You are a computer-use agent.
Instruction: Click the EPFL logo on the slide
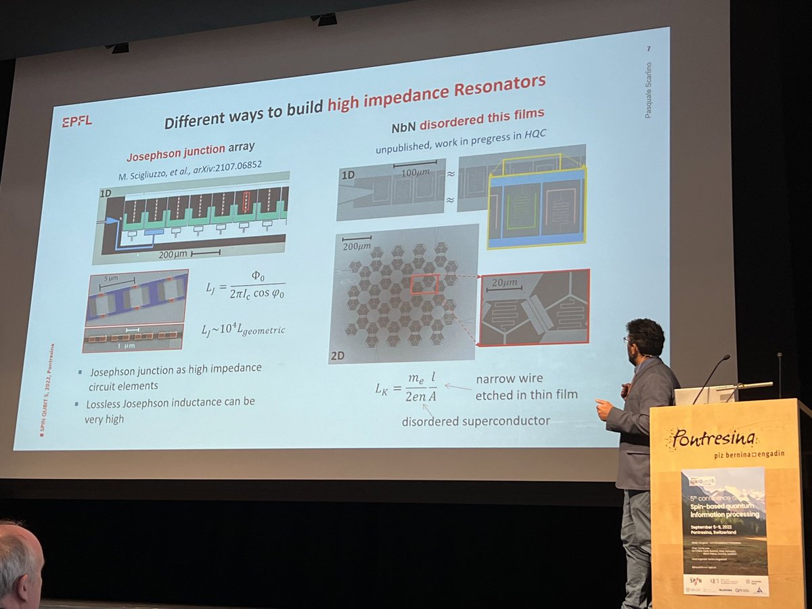pos(76,121)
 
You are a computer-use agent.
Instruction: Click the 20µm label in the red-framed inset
pos(505,282)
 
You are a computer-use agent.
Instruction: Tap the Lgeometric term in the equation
pos(257,330)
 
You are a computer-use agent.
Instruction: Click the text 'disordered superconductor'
pos(476,421)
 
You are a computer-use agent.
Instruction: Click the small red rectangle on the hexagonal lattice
pos(424,284)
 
